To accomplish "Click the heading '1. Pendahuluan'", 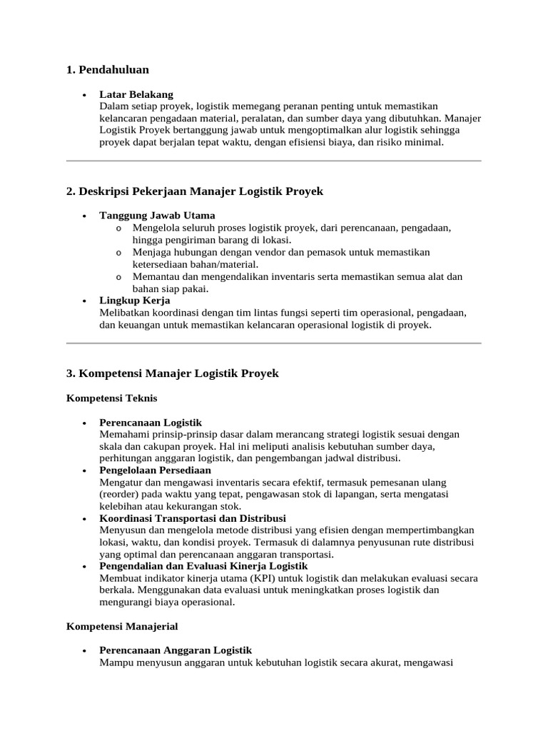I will click(x=107, y=69).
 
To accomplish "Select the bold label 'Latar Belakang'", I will click(x=136, y=94).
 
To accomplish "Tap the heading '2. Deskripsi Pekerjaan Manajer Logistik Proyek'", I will click(x=195, y=191).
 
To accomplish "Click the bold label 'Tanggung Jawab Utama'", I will click(x=157, y=215).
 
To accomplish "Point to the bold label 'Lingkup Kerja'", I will click(x=135, y=301).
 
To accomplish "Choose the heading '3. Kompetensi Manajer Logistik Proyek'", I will click(x=172, y=373).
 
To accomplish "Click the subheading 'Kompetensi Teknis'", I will click(x=111, y=398).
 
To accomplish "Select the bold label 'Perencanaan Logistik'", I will click(x=151, y=423).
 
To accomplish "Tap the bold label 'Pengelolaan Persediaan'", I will click(x=155, y=470).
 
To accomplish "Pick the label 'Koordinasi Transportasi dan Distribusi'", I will click(x=193, y=518).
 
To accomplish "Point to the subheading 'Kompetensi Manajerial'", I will click(x=122, y=626).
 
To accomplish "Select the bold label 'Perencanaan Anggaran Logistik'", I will click(x=176, y=650).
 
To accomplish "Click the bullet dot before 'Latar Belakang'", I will click(x=84, y=95).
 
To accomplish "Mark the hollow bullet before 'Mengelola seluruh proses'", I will click(x=118, y=228).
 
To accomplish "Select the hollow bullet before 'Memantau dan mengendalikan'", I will click(x=118, y=276).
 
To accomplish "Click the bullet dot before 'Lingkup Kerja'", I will click(x=84, y=301).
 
